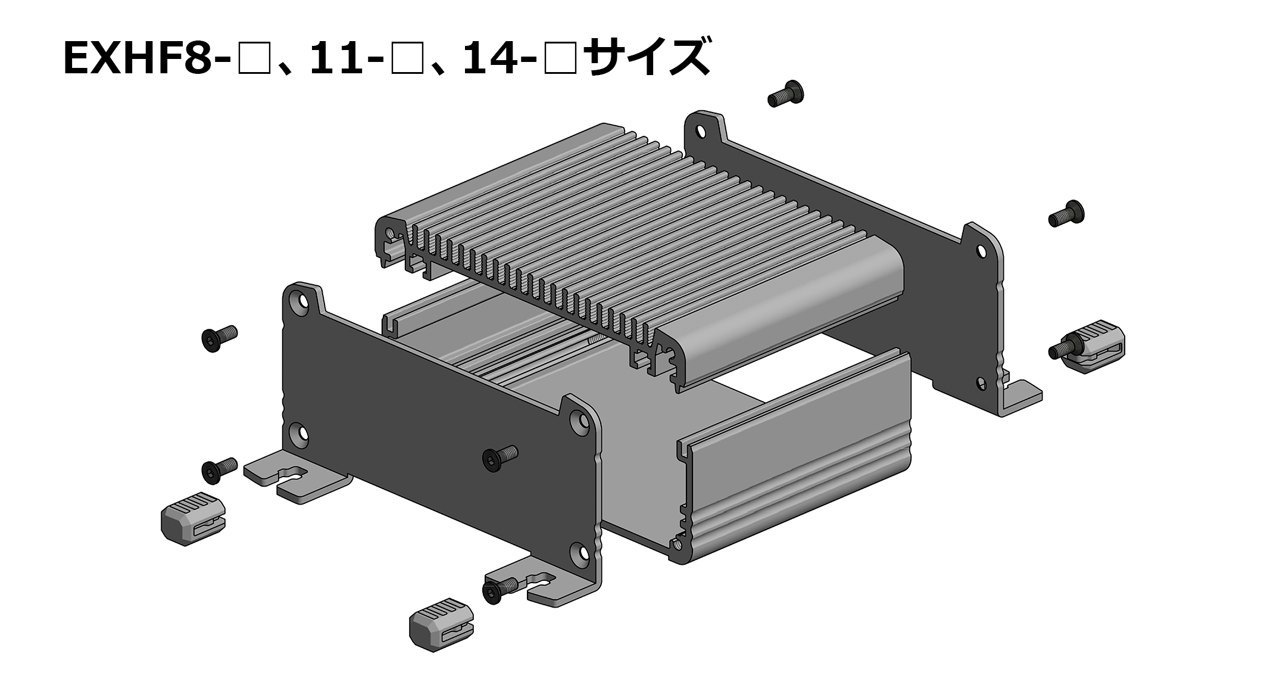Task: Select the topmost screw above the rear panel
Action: coord(787,94)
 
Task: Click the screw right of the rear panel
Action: coord(1066,214)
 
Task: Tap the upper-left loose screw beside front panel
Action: coord(219,338)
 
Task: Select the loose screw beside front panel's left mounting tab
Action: coord(219,471)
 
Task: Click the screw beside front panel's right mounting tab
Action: coord(499,591)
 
